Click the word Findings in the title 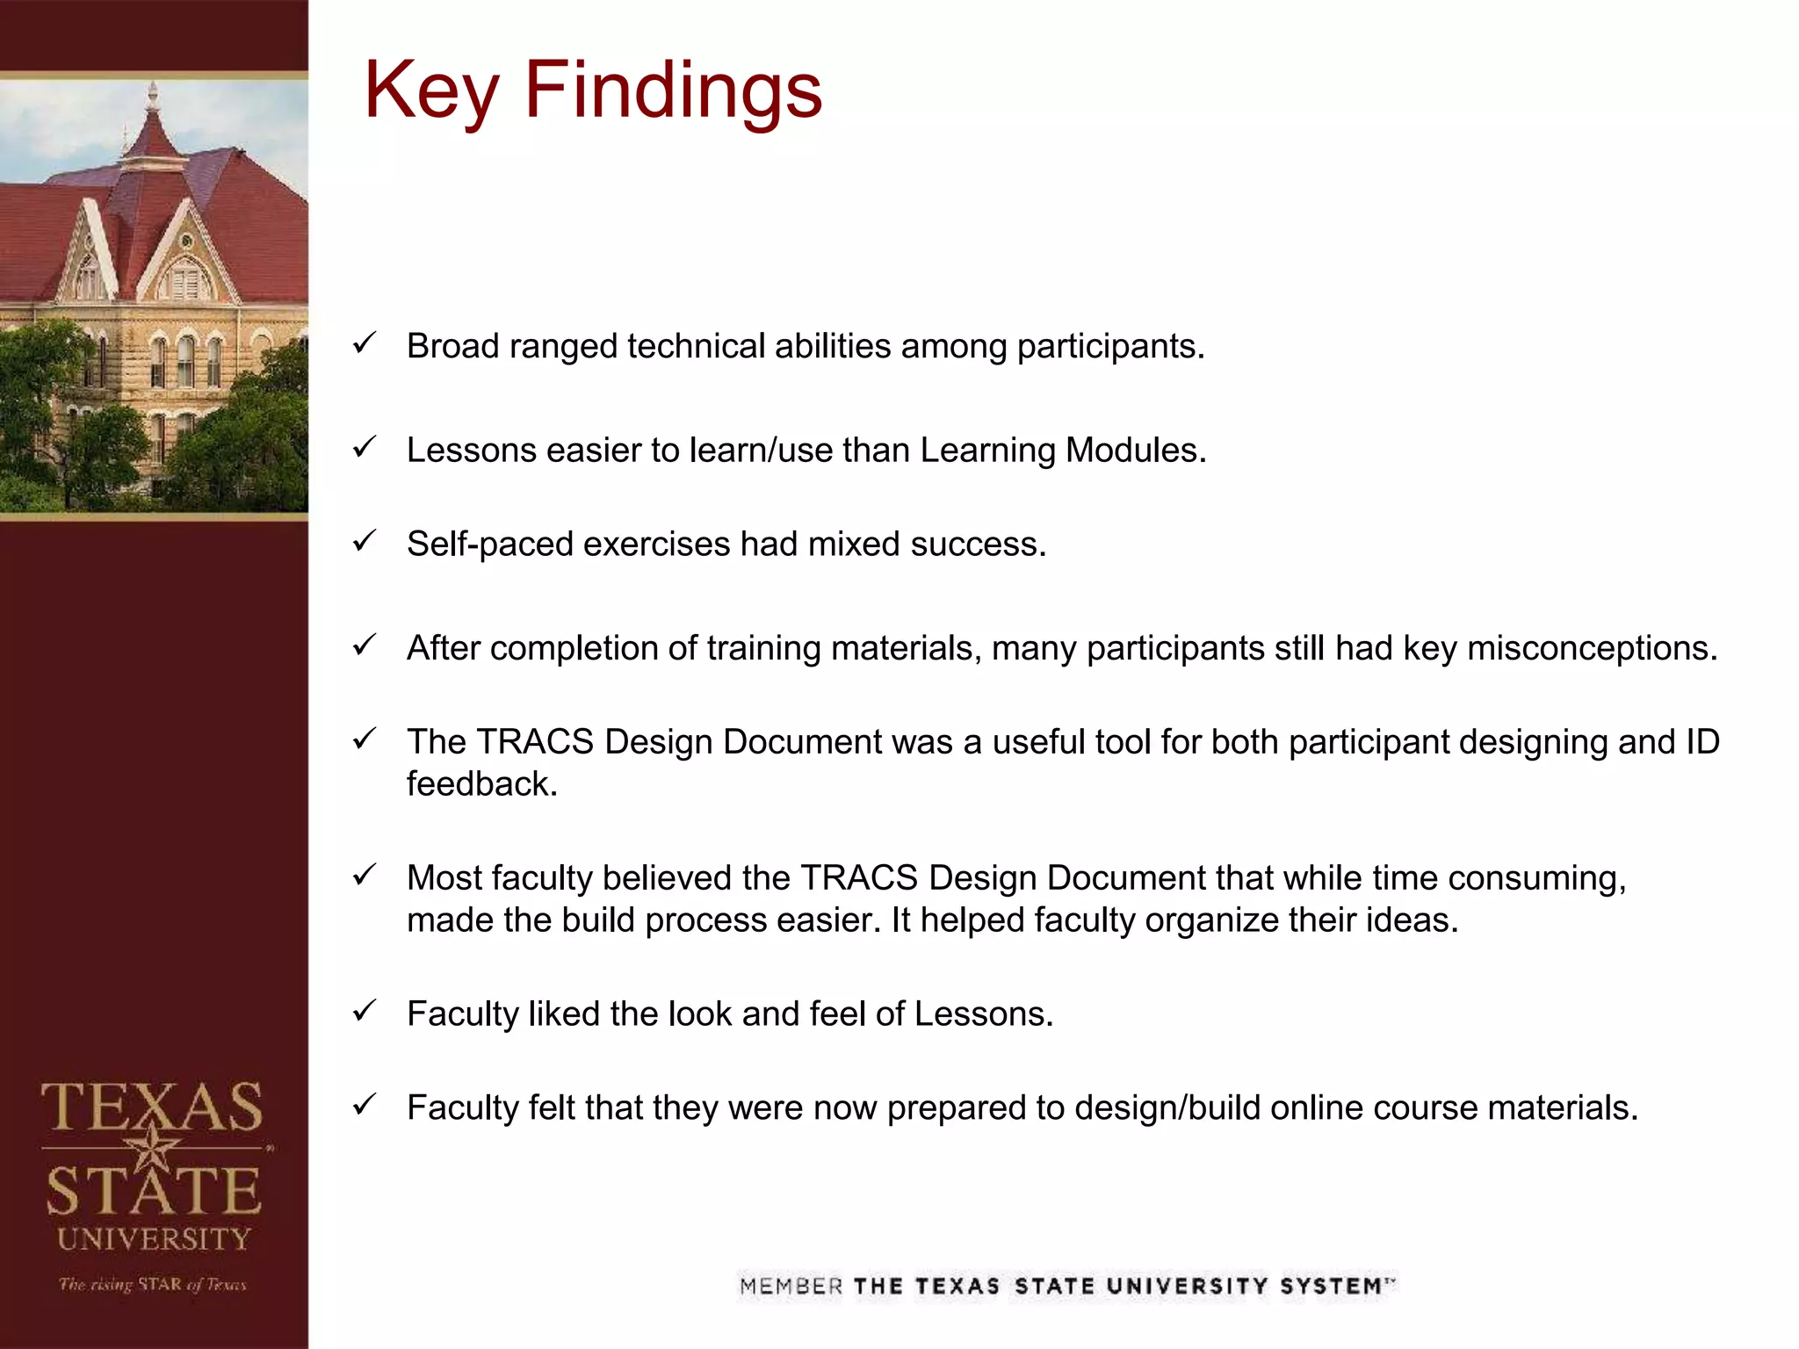click(673, 90)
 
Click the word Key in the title click(431, 92)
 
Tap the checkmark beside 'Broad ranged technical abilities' click(365, 343)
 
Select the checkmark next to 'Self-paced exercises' click(365, 541)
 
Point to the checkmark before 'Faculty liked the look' click(365, 1011)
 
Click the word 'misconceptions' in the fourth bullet click(1592, 648)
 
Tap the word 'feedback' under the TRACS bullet click(481, 783)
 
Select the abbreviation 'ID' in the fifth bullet click(1702, 742)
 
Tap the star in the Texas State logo click(152, 1147)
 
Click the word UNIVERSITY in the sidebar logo click(155, 1239)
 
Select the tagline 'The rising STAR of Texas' click(153, 1284)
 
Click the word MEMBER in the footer click(791, 1287)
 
